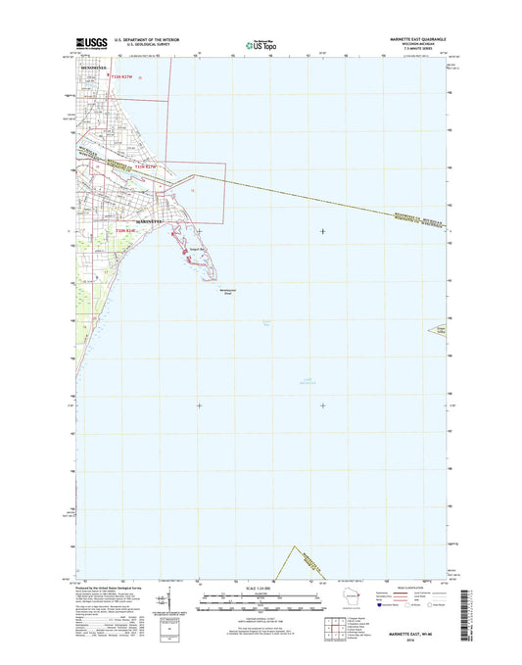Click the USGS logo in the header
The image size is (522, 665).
pyautogui.click(x=88, y=43)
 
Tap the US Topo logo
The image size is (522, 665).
pyautogui.click(x=261, y=44)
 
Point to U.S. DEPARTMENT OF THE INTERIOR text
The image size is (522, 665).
pyautogui.click(x=137, y=38)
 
